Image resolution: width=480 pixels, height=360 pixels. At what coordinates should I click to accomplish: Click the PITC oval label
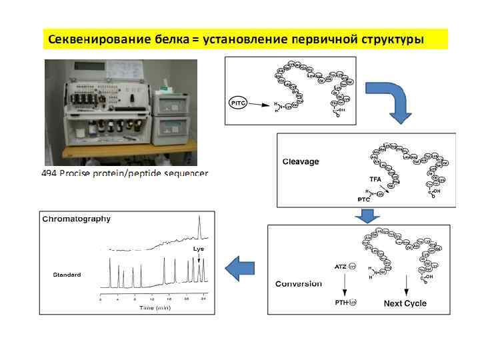(x=238, y=103)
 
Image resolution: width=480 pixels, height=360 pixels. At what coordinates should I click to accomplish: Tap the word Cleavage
(x=301, y=161)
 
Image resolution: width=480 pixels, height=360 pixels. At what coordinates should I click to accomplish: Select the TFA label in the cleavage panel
(x=376, y=179)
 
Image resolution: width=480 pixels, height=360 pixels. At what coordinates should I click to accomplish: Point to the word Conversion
(x=298, y=283)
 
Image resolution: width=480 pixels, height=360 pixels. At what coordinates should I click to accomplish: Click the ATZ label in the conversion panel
(x=340, y=266)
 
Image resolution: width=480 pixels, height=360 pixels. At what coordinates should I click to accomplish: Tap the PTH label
(x=341, y=303)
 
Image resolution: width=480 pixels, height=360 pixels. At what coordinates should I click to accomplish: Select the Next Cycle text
(x=405, y=303)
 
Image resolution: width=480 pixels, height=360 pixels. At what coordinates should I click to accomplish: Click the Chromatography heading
(x=76, y=218)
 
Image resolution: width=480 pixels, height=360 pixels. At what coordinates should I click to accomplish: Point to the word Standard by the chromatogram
(x=67, y=275)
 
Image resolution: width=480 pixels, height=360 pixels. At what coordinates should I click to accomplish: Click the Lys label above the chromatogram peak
(x=199, y=249)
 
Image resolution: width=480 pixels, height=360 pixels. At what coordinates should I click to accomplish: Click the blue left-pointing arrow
(x=241, y=269)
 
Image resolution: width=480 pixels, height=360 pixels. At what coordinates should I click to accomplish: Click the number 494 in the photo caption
(x=50, y=173)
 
